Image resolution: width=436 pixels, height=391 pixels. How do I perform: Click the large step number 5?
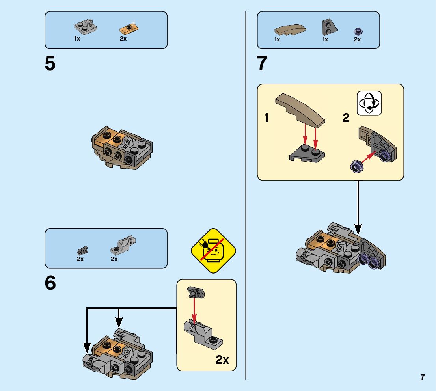point(50,64)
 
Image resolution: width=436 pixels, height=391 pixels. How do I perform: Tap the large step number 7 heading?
point(262,64)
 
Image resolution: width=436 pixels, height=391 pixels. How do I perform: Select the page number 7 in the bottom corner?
point(423,377)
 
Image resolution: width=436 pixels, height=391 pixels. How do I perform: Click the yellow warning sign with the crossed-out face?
point(213,251)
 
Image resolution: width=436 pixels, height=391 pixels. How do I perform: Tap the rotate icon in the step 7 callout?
point(369,103)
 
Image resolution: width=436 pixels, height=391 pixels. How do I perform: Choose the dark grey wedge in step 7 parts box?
point(328,27)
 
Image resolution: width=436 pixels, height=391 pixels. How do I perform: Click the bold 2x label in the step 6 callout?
point(223,359)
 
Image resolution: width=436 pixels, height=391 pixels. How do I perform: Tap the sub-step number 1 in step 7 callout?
point(266,118)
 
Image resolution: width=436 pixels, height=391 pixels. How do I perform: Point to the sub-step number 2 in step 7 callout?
point(346,118)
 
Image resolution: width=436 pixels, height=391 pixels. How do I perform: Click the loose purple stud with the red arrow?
point(356,167)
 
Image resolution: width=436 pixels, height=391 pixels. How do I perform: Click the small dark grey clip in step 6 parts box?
point(82,250)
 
